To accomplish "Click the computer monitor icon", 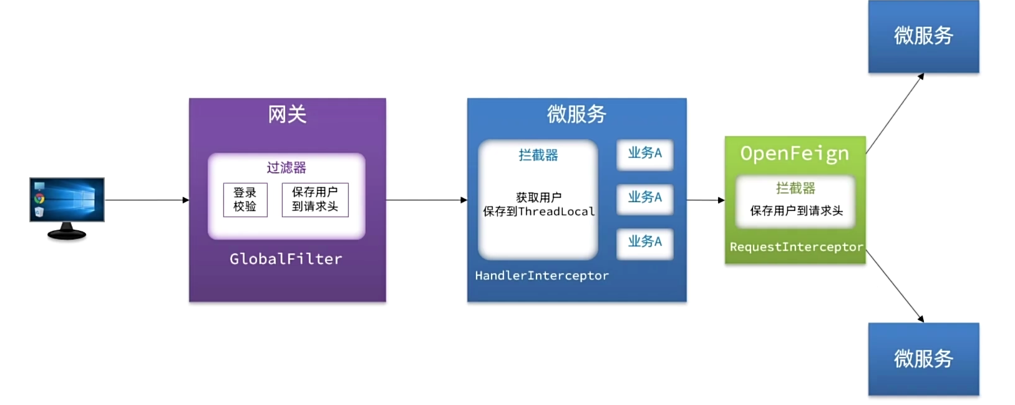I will tap(67, 207).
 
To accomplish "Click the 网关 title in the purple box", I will tap(287, 115).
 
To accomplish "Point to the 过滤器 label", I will tap(286, 167).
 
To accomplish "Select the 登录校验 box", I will tap(245, 200).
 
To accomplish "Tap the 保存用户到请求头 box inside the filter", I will tap(315, 200).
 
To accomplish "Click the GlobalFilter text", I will tap(286, 259).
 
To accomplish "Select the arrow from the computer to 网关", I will tap(147, 200).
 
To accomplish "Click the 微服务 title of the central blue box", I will tap(576, 114).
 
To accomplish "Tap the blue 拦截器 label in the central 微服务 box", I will tap(538, 155).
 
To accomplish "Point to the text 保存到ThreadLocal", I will tap(538, 212).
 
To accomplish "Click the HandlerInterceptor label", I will tap(541, 276).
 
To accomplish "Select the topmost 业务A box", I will tap(644, 154).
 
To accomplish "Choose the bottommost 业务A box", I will tap(644, 243).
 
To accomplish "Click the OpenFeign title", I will tap(794, 154).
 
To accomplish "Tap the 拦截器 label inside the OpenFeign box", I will tap(795, 188).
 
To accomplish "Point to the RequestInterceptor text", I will tap(796, 247).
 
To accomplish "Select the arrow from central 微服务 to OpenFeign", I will tap(706, 200).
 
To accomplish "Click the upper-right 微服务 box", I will tap(923, 36).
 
